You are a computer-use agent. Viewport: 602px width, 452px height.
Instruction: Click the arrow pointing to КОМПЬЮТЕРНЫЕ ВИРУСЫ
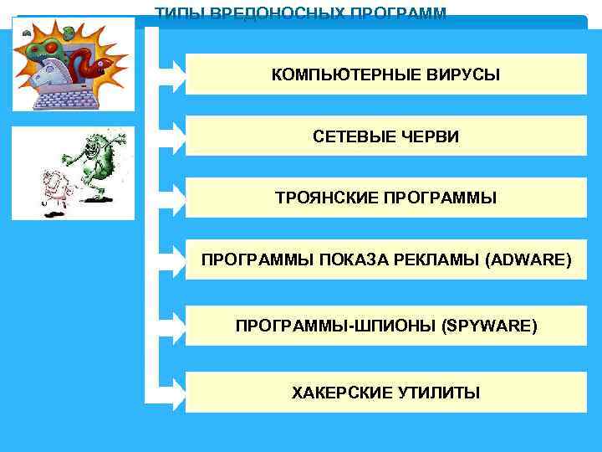tap(171, 74)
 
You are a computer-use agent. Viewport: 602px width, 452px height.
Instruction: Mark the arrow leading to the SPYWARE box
tap(171, 326)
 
